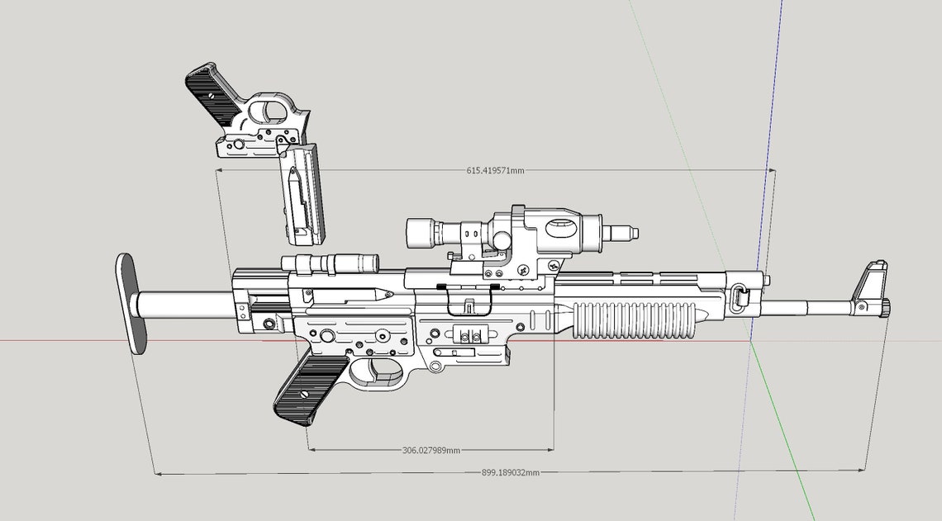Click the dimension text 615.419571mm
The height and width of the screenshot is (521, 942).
tap(495, 170)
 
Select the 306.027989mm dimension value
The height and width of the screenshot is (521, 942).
tap(431, 450)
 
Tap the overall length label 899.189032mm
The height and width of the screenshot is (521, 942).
tap(510, 472)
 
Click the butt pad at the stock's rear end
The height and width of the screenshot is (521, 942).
tap(130, 302)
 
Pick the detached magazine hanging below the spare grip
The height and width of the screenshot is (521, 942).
tap(301, 195)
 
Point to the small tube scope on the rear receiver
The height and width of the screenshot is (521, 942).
tap(331, 263)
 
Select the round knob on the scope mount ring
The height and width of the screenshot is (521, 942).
tap(501, 238)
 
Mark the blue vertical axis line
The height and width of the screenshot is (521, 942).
tap(770, 124)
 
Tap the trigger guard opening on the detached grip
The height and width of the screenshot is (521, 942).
tap(269, 110)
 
